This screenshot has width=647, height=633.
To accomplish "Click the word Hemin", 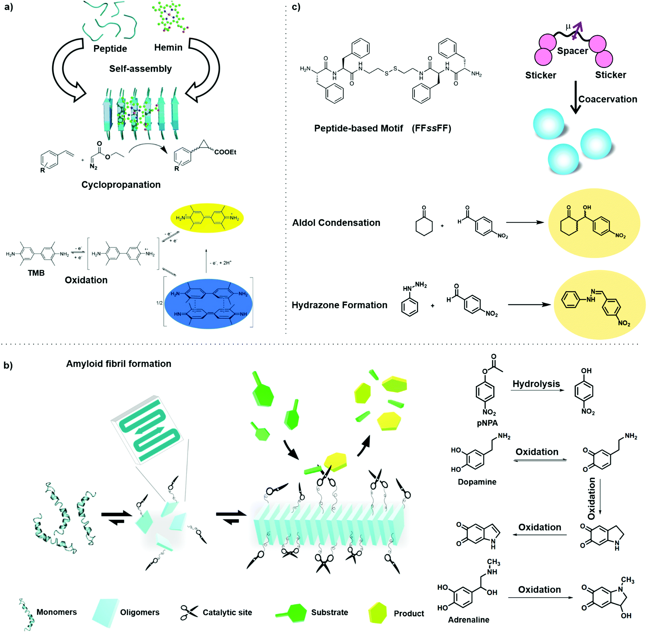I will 168,47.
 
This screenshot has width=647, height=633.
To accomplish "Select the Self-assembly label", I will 140,69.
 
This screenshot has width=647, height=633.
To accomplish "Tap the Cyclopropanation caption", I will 121,184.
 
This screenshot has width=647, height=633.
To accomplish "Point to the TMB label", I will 36,273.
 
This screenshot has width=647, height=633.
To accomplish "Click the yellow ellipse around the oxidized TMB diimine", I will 207,218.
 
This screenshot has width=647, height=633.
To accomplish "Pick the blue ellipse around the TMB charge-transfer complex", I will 209,304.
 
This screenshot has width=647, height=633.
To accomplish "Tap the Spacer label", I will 573,51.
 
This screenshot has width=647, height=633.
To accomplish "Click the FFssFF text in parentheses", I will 431,128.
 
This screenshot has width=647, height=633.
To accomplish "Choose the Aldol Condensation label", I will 336,223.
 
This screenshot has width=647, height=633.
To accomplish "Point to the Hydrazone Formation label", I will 339,305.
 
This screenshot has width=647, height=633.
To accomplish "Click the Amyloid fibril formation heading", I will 119,364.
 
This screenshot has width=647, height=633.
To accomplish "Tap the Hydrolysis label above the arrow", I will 536,384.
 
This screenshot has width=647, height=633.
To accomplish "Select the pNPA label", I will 487,423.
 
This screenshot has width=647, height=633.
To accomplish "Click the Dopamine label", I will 477,482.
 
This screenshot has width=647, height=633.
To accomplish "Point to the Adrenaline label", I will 469,620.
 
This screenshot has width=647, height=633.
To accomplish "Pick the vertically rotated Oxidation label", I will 592,498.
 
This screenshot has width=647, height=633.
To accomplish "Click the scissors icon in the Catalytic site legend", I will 189,612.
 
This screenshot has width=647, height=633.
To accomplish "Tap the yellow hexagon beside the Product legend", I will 378,612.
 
